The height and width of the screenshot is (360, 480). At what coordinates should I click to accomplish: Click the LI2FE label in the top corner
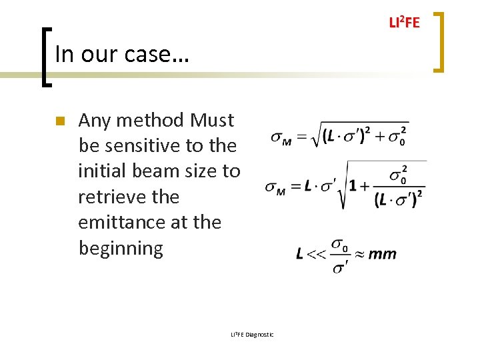point(404,23)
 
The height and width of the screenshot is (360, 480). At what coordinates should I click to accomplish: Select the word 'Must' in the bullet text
point(212,120)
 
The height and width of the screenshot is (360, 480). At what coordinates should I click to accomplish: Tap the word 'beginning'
point(121,248)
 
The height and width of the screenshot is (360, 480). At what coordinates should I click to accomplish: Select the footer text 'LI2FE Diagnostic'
point(252,334)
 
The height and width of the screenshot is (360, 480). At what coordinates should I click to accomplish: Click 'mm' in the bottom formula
point(382,253)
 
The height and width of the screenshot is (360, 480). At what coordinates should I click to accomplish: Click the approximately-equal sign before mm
point(359,253)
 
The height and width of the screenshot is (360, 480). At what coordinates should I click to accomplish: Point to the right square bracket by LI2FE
point(438,41)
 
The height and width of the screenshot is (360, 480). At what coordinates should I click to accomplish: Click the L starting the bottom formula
point(300,253)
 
